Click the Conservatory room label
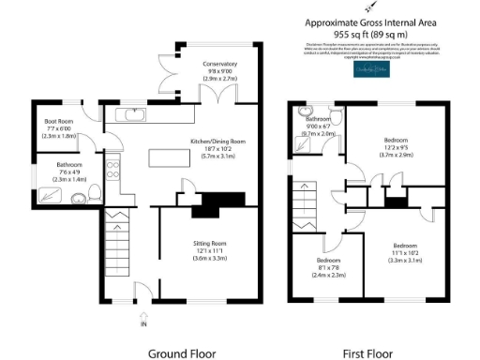220,64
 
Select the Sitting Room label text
211,243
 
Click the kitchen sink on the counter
130,115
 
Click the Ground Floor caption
182,353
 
